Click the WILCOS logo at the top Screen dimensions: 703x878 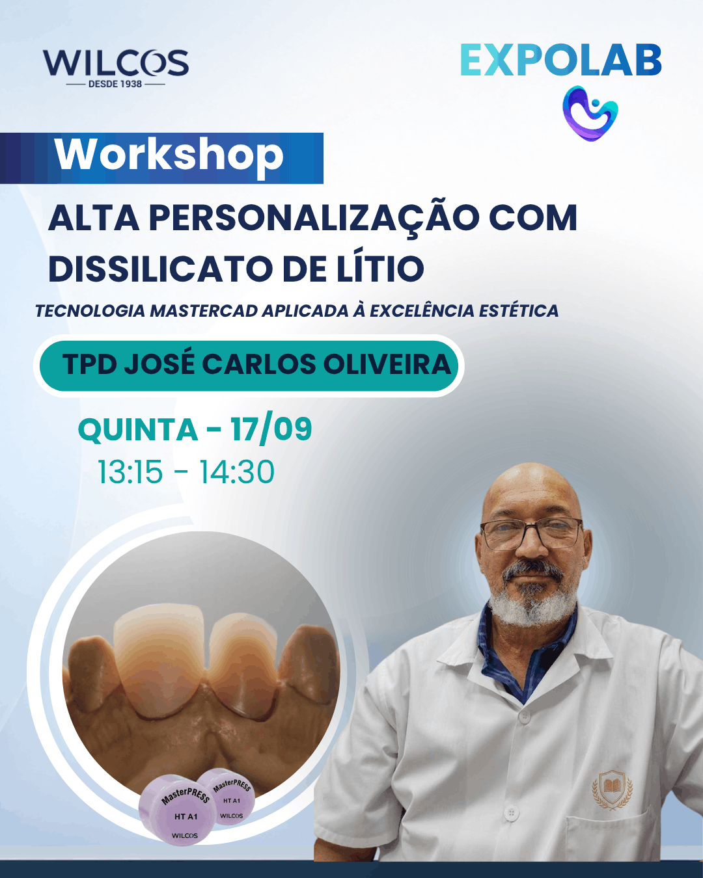click(x=116, y=68)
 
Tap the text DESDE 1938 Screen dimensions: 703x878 click(x=115, y=84)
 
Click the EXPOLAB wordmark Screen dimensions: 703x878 click(x=561, y=60)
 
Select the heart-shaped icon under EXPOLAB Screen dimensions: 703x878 click(x=590, y=113)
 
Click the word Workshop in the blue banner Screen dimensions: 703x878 click(x=169, y=155)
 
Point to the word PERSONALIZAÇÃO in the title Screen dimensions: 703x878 click(x=314, y=219)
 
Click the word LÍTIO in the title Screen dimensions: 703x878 click(x=380, y=269)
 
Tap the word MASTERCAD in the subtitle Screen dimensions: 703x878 click(x=204, y=311)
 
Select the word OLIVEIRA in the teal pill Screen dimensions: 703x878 click(x=387, y=364)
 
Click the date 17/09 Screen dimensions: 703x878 click(x=271, y=430)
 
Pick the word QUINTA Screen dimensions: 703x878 click(x=137, y=430)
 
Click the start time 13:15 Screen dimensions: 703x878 click(x=130, y=472)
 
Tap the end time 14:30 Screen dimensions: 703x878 click(x=236, y=472)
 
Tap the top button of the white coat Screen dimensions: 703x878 click(x=524, y=717)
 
